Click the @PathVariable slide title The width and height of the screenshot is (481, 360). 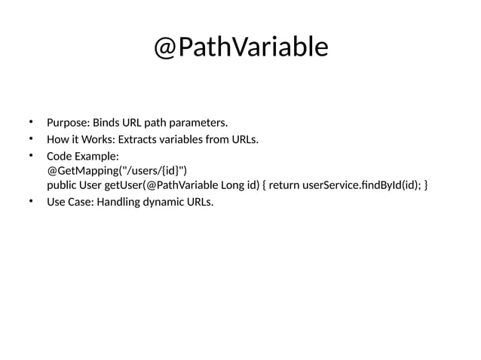pos(240,47)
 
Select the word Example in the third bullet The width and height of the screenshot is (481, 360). pos(96,156)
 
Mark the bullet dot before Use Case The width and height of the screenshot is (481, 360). pos(31,201)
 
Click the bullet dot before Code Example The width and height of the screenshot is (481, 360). pos(31,155)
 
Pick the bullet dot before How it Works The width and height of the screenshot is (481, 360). pos(31,139)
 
